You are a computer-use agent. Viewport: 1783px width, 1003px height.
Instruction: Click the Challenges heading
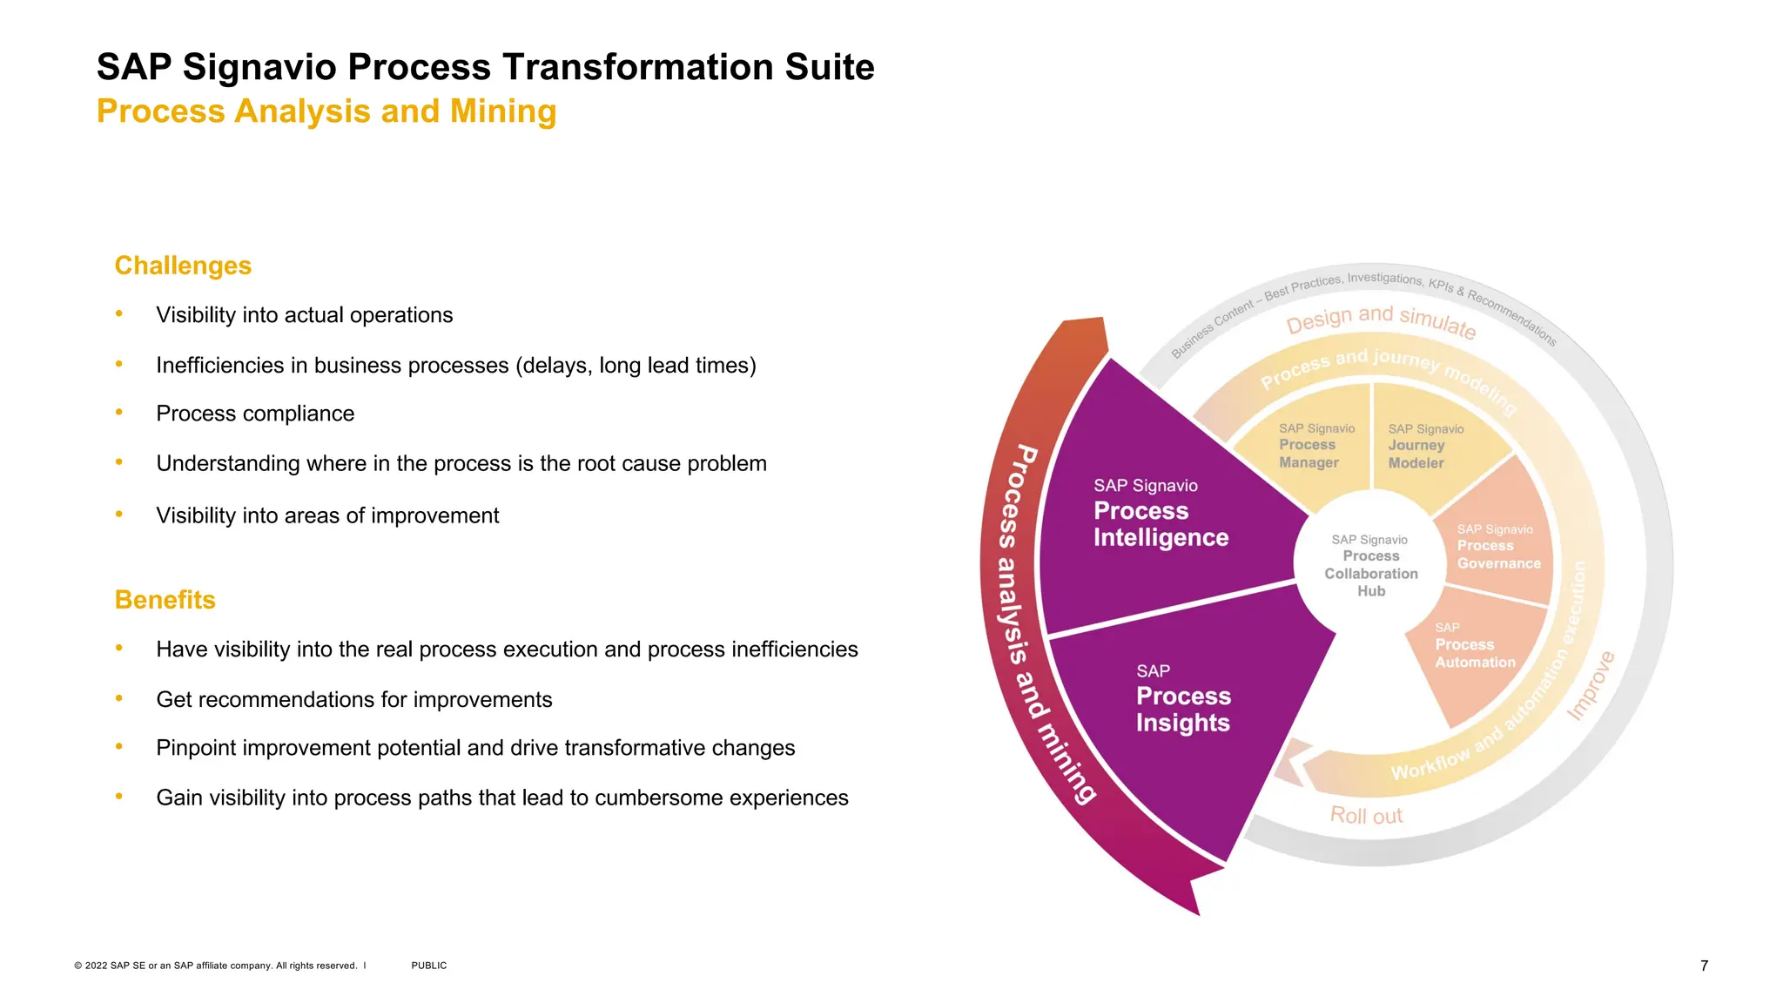pos(183,266)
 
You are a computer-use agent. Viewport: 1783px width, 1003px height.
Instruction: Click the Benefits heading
pos(165,600)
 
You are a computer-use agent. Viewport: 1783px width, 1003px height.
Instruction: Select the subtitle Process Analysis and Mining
pos(326,111)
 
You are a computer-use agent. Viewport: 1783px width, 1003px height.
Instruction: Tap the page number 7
pos(1704,966)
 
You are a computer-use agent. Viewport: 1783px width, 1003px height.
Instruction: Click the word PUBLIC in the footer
pos(428,966)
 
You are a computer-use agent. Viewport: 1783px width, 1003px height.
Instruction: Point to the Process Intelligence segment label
pos(1160,523)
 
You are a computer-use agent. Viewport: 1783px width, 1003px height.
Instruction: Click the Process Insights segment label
pos(1182,709)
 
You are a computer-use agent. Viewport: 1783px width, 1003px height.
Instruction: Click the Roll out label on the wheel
pos(1366,816)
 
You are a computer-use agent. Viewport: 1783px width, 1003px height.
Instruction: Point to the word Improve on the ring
pos(1591,686)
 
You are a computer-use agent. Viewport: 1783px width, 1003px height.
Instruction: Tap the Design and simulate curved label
pos(1381,320)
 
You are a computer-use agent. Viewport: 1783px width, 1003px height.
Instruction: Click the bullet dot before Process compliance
pos(119,412)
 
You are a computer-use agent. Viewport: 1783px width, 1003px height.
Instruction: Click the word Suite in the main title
pos(829,67)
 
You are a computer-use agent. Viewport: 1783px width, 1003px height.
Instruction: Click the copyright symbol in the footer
pos(78,966)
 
